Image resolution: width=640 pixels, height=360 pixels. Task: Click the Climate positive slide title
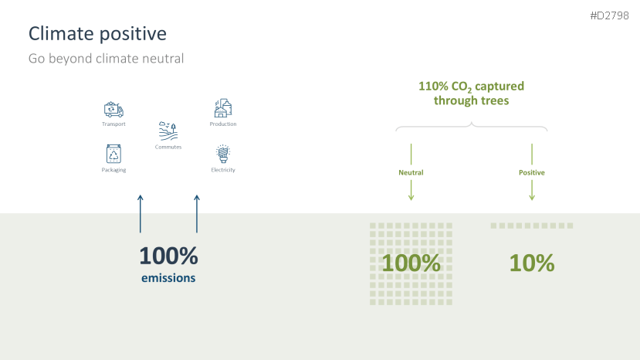[97, 34]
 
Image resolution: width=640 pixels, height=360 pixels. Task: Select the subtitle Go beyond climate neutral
[106, 59]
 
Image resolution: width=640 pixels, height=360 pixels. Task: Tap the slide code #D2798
[609, 15]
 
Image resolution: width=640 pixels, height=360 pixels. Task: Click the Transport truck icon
[113, 110]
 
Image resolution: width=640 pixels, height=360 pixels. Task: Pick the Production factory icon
[223, 108]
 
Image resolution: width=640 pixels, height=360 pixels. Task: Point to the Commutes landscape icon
[168, 131]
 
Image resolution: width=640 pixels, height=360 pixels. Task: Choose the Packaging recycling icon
[113, 154]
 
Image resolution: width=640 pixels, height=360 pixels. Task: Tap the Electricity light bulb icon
[223, 154]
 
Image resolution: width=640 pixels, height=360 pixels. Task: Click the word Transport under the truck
[113, 124]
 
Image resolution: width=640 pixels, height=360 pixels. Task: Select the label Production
[223, 124]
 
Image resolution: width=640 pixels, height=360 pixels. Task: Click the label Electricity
[223, 170]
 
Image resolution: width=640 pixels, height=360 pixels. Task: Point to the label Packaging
[113, 170]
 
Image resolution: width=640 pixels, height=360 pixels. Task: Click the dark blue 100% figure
[168, 256]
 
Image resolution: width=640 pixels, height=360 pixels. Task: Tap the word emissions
[168, 278]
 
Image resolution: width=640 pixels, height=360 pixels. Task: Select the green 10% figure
[532, 263]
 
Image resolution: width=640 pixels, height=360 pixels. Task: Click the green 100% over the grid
[411, 263]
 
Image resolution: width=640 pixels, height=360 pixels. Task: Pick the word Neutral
[411, 172]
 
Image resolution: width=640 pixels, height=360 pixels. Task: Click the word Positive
[531, 172]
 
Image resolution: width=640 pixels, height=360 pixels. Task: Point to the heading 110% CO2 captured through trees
[471, 93]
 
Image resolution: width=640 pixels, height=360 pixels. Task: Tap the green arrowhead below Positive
[532, 198]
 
